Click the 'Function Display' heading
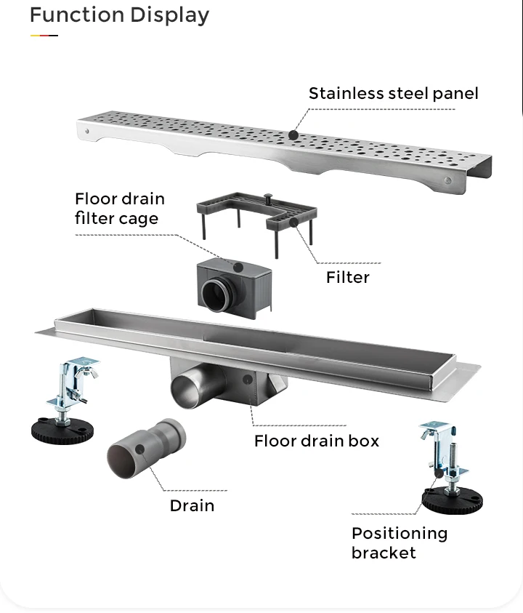tap(119, 15)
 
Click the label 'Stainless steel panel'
tap(393, 93)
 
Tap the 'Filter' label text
tap(347, 277)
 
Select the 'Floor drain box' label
tap(316, 441)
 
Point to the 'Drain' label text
tap(192, 505)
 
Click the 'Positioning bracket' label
tap(399, 542)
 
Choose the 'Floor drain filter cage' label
tap(119, 208)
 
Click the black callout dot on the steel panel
tap(293, 135)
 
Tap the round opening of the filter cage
tap(217, 294)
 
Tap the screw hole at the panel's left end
tap(88, 132)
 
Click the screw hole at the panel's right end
tap(447, 180)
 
